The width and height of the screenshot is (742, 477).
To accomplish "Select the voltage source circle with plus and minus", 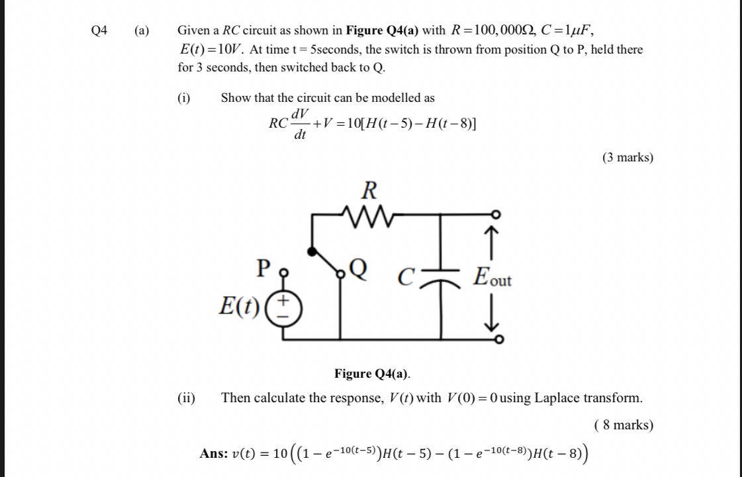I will point(283,308).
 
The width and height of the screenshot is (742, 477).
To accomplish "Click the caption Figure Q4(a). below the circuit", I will point(372,374).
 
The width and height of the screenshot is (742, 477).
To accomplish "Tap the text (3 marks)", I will point(627,157).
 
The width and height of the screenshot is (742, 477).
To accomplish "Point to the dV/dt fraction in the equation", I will point(301,124).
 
